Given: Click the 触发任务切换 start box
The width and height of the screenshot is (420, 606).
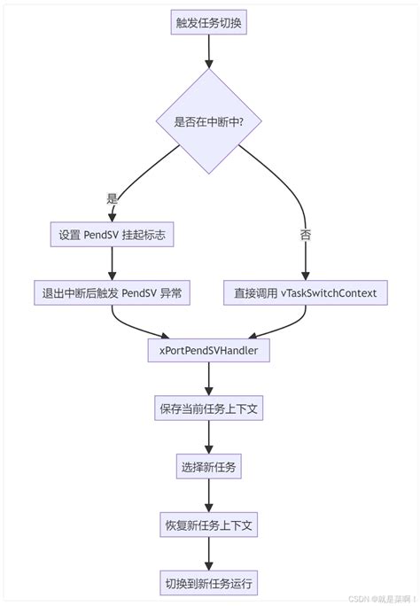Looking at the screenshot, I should click(208, 24).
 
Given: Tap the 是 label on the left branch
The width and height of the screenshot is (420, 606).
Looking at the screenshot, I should click(112, 200).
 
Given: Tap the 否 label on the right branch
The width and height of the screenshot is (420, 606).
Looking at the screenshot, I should click(305, 234).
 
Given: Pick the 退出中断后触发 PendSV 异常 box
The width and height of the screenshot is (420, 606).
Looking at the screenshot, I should click(112, 292).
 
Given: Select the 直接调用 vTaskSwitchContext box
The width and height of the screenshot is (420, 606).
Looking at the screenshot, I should click(305, 292).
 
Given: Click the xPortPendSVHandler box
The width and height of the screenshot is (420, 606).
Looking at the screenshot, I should click(208, 351).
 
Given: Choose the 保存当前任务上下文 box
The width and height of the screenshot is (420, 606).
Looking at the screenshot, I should click(208, 408).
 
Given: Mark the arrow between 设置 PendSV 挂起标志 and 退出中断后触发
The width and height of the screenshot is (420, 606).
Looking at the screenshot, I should click(112, 263).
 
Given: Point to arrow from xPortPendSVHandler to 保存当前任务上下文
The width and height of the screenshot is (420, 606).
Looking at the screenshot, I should click(208, 379).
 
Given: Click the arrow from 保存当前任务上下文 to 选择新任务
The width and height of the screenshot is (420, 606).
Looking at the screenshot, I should click(208, 438).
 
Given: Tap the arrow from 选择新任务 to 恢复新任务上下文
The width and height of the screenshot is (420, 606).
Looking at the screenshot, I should click(208, 495).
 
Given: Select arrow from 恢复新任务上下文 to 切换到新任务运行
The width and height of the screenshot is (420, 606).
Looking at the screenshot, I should click(208, 554).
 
